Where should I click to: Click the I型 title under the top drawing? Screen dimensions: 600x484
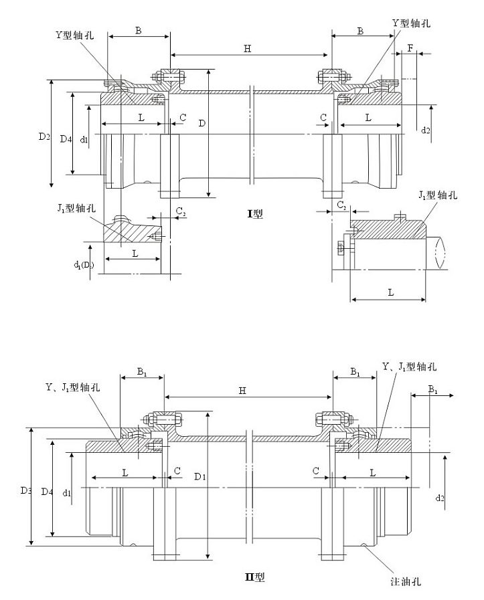pyautogui.click(x=255, y=214)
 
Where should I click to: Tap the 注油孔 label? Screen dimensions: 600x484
pyautogui.click(x=406, y=581)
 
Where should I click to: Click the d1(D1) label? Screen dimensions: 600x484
pyautogui.click(x=84, y=266)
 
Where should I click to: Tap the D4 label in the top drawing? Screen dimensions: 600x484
pyautogui.click(x=65, y=139)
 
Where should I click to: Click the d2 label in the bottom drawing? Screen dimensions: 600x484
pyautogui.click(x=439, y=498)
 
